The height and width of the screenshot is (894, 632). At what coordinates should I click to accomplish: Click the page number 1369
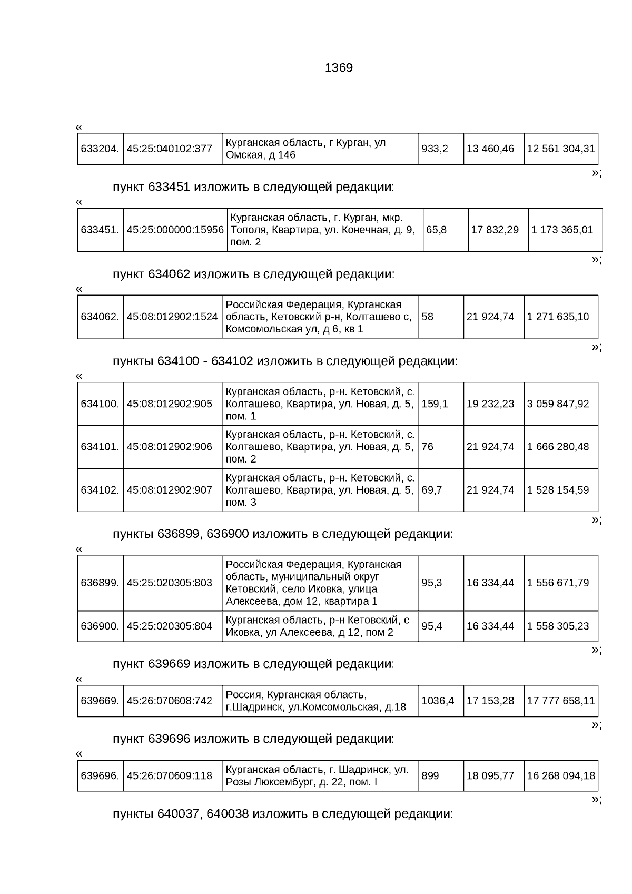coord(339,68)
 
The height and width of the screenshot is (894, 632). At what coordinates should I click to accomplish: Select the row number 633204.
coord(100,149)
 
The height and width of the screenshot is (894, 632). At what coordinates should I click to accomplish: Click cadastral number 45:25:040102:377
coord(169,149)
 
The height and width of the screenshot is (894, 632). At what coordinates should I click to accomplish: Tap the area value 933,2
coord(434,149)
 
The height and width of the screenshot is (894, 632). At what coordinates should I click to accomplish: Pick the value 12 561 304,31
coord(560,149)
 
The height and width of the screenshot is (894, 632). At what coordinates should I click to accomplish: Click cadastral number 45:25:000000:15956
coord(175,230)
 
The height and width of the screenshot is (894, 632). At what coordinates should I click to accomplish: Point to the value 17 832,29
coord(495,230)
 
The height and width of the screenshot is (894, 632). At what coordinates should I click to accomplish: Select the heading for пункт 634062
coord(253,274)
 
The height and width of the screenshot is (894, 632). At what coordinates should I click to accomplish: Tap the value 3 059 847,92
coord(558,404)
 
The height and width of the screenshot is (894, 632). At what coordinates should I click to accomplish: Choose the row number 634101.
coord(100,447)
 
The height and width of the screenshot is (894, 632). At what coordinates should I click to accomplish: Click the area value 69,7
coord(431,490)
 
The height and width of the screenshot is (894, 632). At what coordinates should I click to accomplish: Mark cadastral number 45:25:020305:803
coord(169,583)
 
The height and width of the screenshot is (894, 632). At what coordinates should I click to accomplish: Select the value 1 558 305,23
coord(558,626)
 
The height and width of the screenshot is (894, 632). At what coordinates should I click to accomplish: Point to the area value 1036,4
coord(437,701)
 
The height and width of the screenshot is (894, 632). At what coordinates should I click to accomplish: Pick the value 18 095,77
coord(490,776)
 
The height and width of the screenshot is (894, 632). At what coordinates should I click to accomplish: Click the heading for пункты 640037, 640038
coord(283,814)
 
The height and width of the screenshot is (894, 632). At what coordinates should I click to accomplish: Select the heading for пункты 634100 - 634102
coord(285,361)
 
